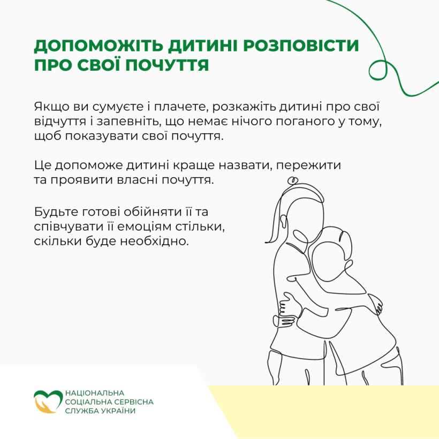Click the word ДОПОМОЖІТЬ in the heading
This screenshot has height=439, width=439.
click(x=99, y=46)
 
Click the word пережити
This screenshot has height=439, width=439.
click(x=308, y=165)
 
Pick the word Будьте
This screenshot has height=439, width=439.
click(x=56, y=211)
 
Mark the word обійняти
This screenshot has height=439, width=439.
click(x=150, y=211)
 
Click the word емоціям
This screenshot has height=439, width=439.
click(x=143, y=226)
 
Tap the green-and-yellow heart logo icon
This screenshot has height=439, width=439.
click(x=48, y=402)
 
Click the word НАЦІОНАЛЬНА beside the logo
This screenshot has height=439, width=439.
click(x=95, y=393)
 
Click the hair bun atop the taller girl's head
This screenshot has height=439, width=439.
click(x=292, y=180)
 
